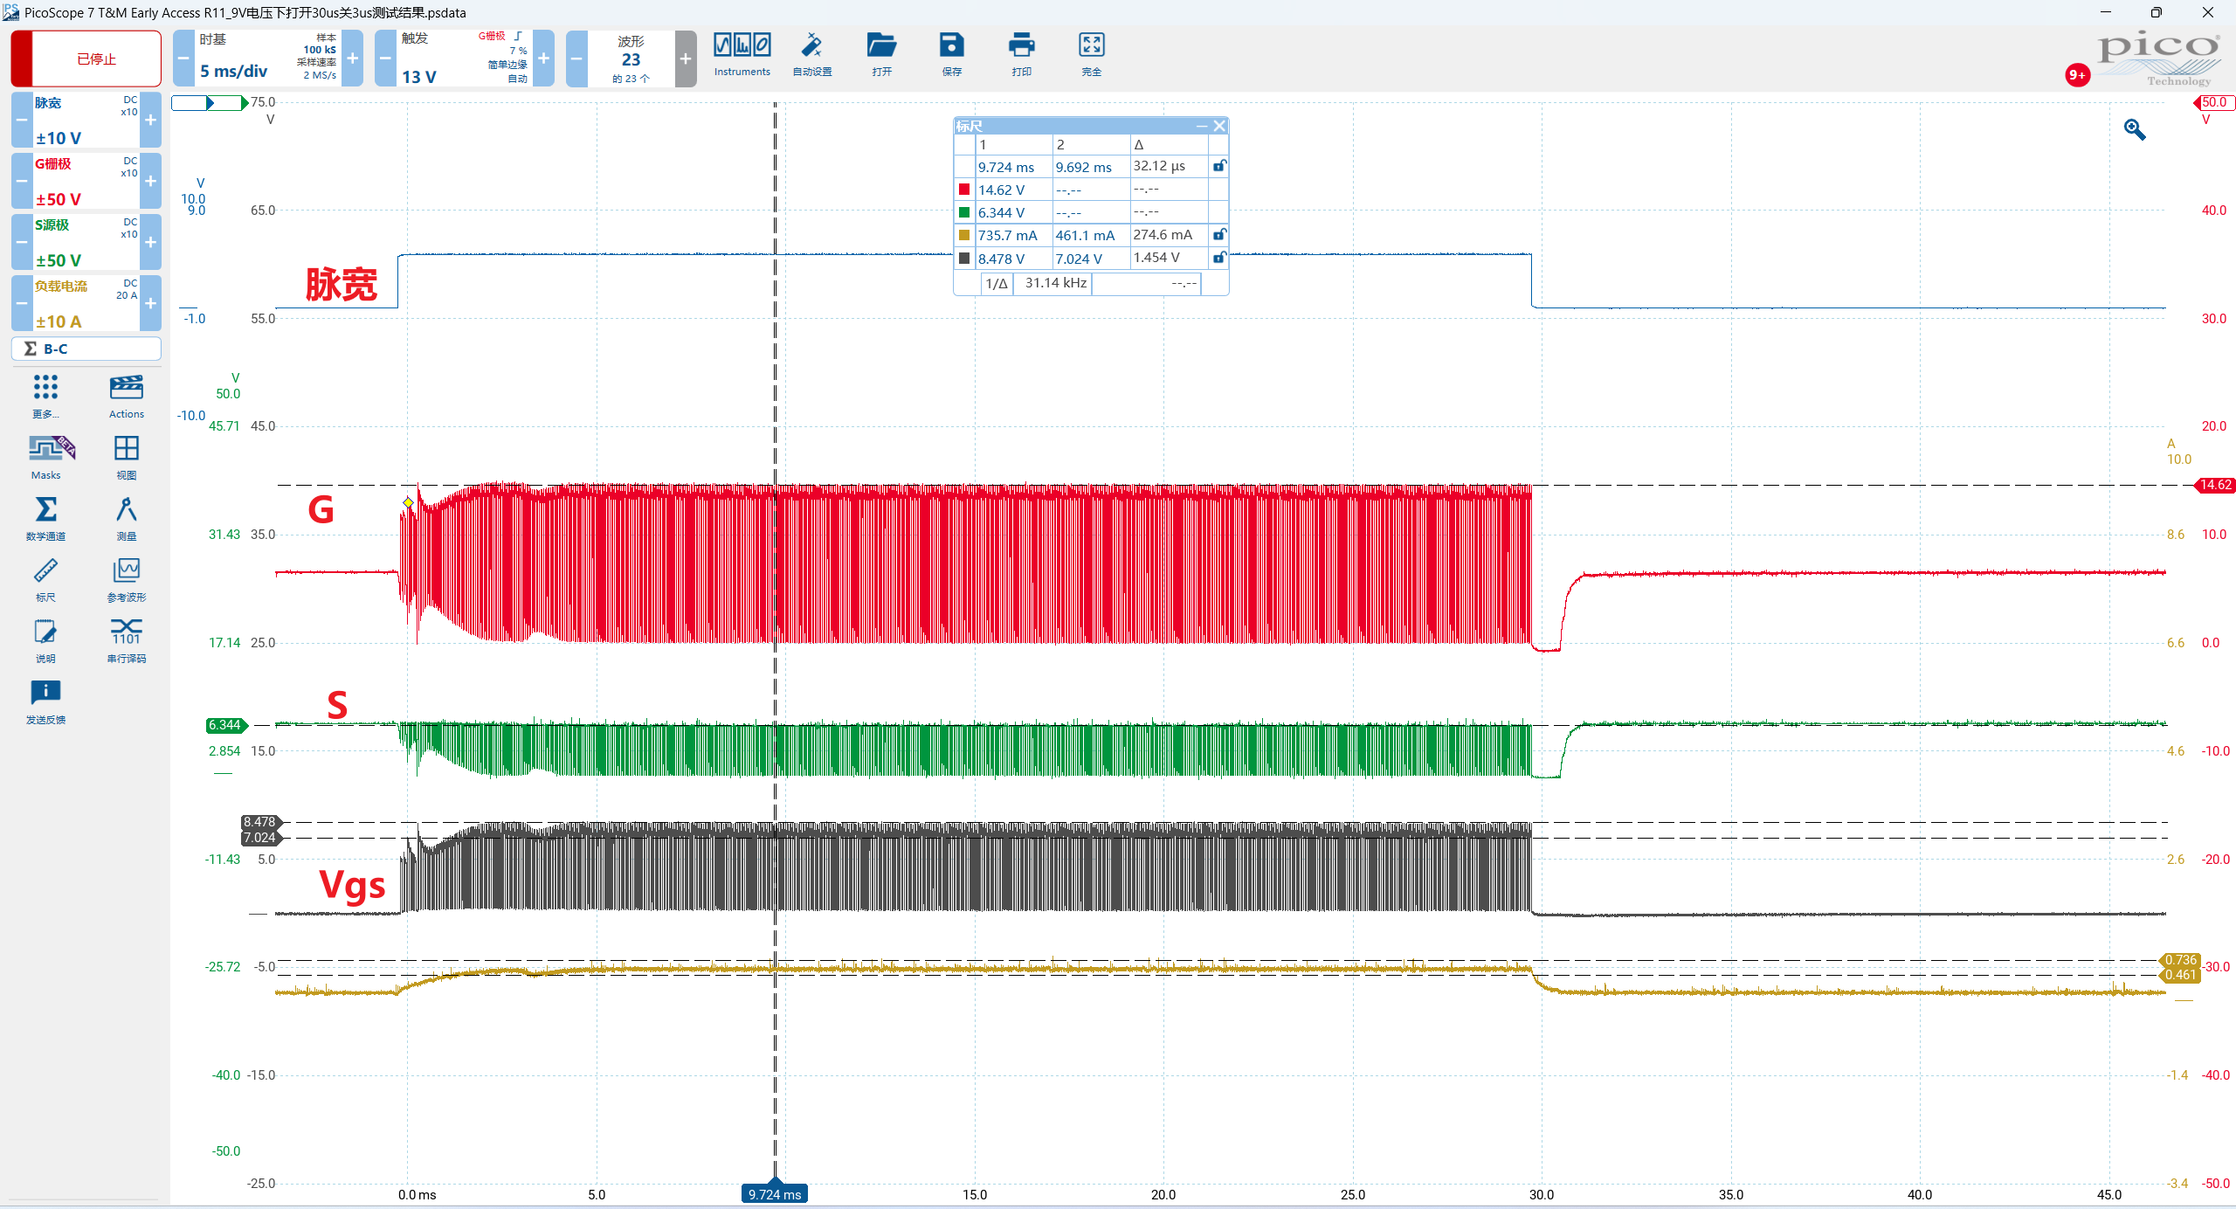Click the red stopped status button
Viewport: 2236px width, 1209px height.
[86, 59]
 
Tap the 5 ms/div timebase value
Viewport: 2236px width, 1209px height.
[233, 71]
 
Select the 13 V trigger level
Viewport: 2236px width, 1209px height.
[419, 77]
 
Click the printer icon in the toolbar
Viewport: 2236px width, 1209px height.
[1021, 45]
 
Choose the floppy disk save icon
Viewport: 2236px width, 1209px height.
[951, 45]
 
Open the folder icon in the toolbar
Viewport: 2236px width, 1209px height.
[881, 45]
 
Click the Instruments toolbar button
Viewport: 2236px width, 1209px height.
[742, 54]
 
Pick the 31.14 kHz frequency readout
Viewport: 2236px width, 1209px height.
[1055, 283]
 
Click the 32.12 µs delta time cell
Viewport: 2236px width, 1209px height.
[1159, 166]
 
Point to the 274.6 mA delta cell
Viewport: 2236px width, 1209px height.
[1163, 235]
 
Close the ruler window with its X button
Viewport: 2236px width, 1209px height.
[1219, 126]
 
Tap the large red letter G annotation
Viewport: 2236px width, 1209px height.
[321, 509]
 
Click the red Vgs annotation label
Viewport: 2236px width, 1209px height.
[352, 885]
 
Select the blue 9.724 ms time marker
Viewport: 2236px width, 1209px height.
[775, 1193]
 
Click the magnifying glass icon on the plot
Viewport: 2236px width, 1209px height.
[2135, 129]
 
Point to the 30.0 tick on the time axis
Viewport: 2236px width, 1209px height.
[1542, 1194]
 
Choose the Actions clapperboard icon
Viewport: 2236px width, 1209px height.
[127, 387]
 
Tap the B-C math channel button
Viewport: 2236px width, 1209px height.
[86, 349]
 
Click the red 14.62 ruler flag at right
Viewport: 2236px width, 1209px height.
[2214, 485]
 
